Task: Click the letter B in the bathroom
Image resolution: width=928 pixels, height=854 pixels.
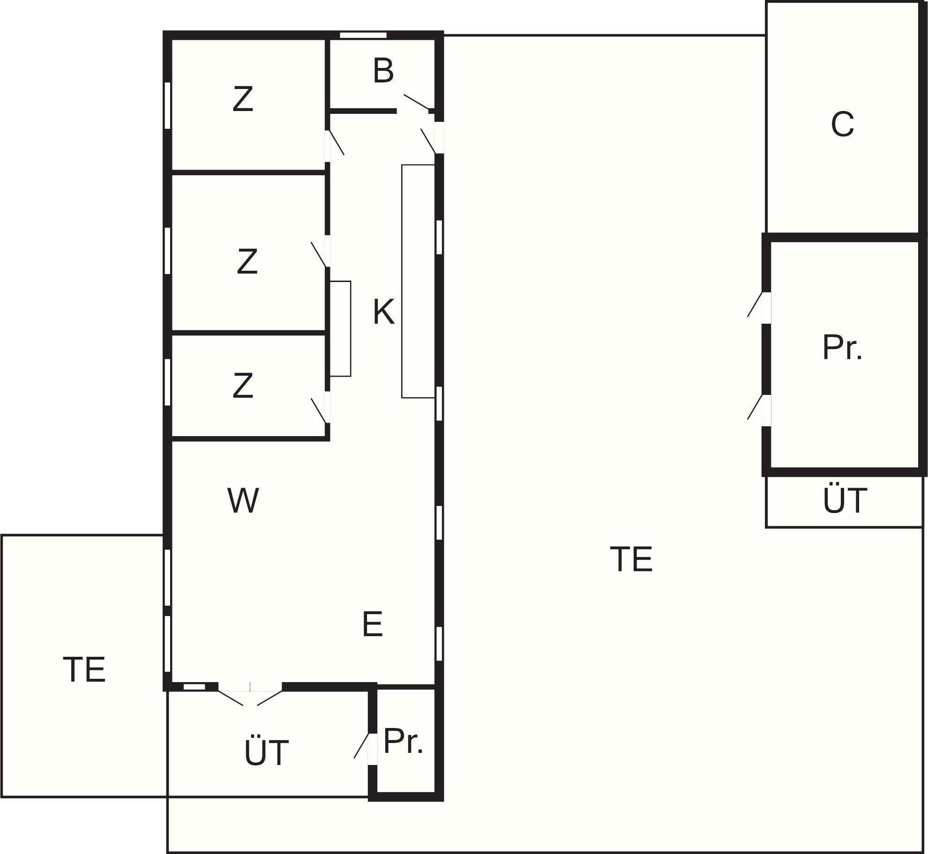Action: tap(383, 71)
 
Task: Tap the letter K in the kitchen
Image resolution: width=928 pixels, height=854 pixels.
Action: tap(383, 312)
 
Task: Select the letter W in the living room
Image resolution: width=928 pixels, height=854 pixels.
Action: tap(243, 501)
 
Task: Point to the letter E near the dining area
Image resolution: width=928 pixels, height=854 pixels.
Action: tap(373, 624)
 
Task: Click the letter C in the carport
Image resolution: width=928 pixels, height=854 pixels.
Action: tap(842, 125)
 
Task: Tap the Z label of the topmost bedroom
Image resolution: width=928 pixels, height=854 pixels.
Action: tap(243, 99)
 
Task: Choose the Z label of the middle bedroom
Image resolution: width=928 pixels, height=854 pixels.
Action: tap(247, 262)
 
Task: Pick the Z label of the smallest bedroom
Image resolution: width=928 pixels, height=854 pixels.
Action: tap(243, 386)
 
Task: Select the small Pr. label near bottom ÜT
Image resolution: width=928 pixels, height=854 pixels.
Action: tap(403, 742)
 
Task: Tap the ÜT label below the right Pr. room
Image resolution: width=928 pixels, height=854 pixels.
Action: tap(845, 501)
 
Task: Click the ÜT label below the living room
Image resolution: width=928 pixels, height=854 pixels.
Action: tap(266, 753)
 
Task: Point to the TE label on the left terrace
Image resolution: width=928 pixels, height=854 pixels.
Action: tap(84, 670)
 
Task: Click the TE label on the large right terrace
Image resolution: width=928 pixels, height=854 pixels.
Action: tap(631, 559)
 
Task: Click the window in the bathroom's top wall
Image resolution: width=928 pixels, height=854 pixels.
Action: tap(363, 35)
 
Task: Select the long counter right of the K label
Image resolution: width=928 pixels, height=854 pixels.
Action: tap(418, 281)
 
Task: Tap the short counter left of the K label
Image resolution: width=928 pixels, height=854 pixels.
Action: tap(340, 328)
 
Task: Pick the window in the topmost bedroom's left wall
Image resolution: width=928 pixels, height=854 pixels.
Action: tap(167, 105)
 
